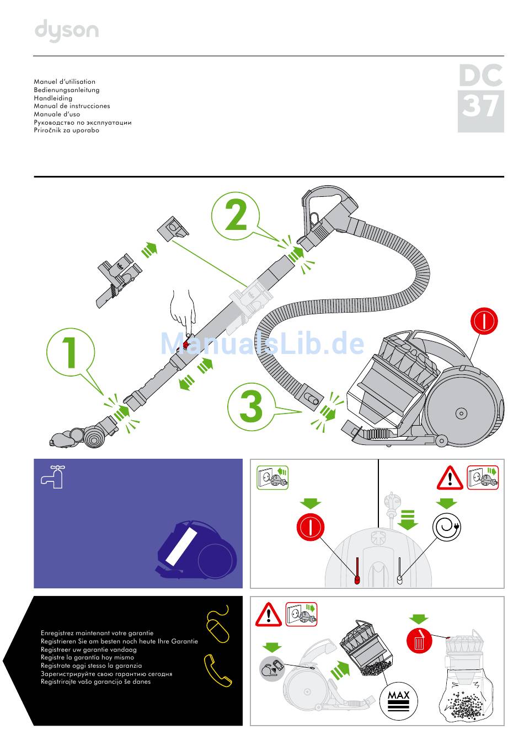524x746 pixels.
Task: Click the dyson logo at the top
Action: click(x=67, y=31)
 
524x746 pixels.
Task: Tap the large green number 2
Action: click(x=236, y=216)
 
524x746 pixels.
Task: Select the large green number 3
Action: click(x=252, y=406)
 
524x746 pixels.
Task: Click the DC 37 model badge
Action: click(x=480, y=98)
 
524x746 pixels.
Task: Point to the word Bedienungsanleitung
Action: click(x=67, y=90)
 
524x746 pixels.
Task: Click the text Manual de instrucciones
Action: click(x=72, y=106)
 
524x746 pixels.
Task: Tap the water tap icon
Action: click(x=53, y=476)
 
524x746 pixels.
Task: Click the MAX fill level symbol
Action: click(x=398, y=701)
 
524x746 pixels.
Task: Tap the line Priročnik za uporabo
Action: click(x=66, y=131)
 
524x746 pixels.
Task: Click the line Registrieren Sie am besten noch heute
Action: click(x=119, y=641)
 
